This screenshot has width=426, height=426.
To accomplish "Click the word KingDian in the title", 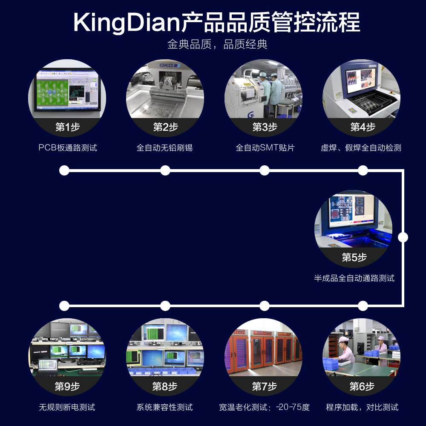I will pos(126,22).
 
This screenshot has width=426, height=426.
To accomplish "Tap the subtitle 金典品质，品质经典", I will pos(217,45).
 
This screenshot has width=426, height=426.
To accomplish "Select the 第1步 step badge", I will pos(67,127).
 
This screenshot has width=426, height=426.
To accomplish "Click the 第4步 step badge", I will pos(363,127).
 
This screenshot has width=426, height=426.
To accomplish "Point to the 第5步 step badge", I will pos(354,257).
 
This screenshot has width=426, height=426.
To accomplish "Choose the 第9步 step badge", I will pos(67,387).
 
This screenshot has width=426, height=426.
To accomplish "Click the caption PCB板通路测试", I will pos(68,148).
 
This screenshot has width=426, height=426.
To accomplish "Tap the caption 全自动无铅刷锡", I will pos(164,148).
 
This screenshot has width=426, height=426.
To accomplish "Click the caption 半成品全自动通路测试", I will pos(354,278).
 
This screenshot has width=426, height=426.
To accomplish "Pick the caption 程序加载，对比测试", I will pos(362,407).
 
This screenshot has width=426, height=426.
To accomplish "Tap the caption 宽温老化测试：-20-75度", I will pos(264,407).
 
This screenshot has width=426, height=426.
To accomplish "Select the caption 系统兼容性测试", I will pos(164,407).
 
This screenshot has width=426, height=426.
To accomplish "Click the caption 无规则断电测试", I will pos(67,407).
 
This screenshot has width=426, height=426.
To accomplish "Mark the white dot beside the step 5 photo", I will pos(403,237).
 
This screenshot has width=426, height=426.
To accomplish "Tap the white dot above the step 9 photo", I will pos(64,305).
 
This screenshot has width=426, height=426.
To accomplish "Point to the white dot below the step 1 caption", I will pos(64,170).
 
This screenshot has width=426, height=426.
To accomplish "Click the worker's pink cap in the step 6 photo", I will pos(343,340).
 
